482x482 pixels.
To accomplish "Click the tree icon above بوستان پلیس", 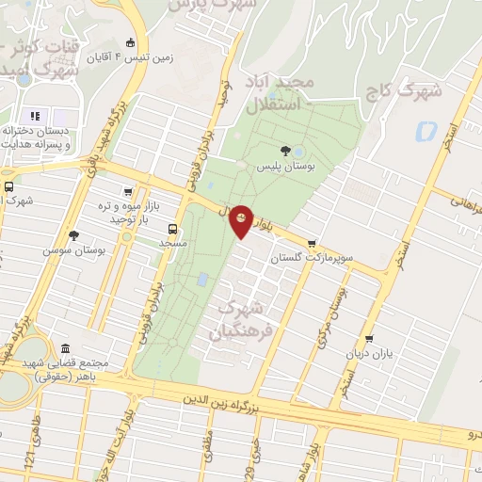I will coord(285,149).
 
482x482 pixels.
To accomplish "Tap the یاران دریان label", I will coord(367,354).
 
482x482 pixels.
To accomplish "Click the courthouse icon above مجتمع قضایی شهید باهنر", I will coord(65,348).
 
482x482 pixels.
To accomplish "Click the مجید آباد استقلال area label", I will coord(279,93).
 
